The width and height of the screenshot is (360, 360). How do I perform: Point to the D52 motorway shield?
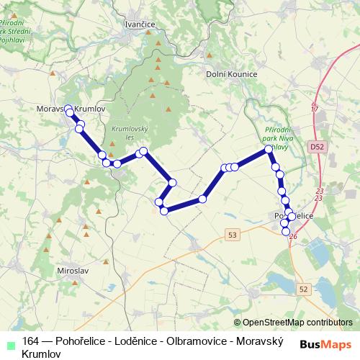(318, 146)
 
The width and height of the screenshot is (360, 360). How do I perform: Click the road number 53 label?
(231, 235)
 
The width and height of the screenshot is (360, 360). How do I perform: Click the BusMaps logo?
(325, 344)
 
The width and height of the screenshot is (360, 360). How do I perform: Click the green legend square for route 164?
(9, 341)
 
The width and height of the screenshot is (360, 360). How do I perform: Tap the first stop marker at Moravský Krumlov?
(69, 109)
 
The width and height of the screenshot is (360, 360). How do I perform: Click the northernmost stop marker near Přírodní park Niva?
(269, 149)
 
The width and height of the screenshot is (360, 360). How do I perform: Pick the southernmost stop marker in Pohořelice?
(286, 231)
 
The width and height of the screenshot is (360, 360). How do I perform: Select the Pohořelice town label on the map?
(295, 215)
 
